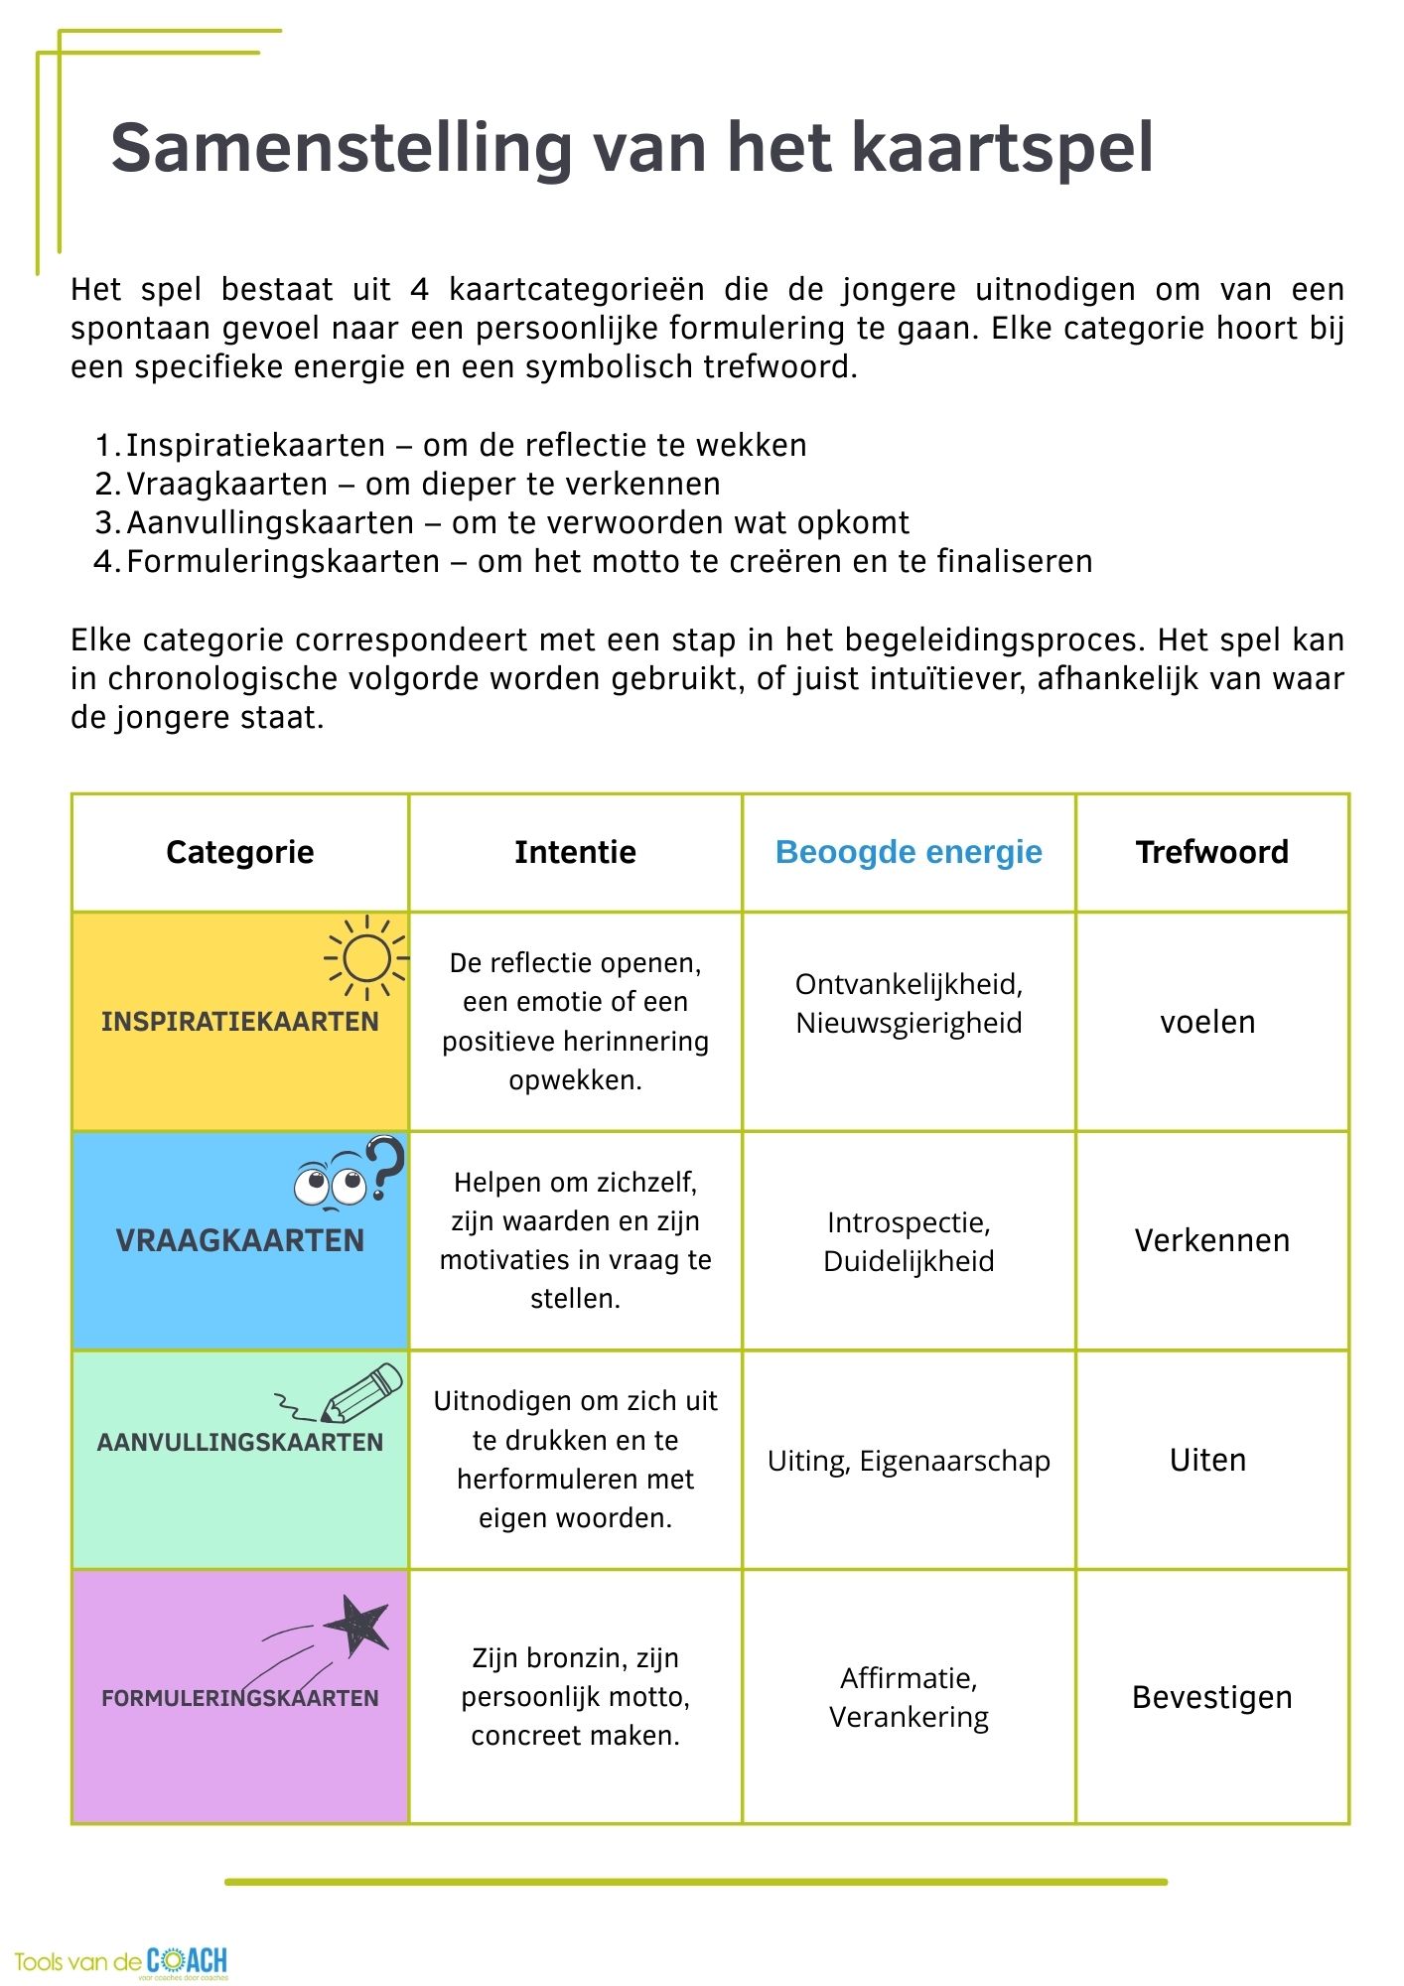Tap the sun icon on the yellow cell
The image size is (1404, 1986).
click(x=366, y=958)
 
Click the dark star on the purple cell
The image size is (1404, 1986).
click(x=355, y=1626)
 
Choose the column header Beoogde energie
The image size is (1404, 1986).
click(x=909, y=852)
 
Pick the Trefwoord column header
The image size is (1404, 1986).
click(x=1211, y=852)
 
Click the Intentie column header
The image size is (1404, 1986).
click(x=575, y=852)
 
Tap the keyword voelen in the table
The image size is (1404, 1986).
click(x=1207, y=1022)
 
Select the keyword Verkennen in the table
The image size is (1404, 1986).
click(x=1211, y=1240)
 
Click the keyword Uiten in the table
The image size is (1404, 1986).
click(x=1207, y=1460)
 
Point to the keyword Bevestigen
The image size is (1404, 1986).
click(x=1211, y=1697)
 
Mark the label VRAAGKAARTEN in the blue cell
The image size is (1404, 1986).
click(x=240, y=1240)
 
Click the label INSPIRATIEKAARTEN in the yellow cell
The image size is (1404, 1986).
click(x=240, y=1022)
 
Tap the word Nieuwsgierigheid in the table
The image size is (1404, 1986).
click(x=909, y=1023)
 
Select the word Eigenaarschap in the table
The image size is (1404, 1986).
click(x=954, y=1461)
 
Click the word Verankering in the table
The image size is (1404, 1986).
click(x=909, y=1717)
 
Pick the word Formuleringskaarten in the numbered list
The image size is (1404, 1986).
click(x=283, y=561)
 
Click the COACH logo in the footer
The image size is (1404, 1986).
click(x=188, y=1961)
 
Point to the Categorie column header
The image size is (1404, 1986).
click(x=240, y=852)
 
